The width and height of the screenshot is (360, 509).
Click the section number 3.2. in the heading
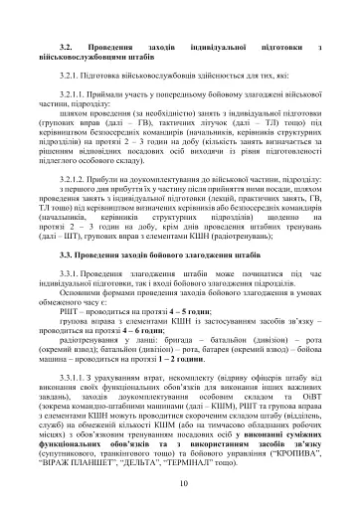coord(67,48)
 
